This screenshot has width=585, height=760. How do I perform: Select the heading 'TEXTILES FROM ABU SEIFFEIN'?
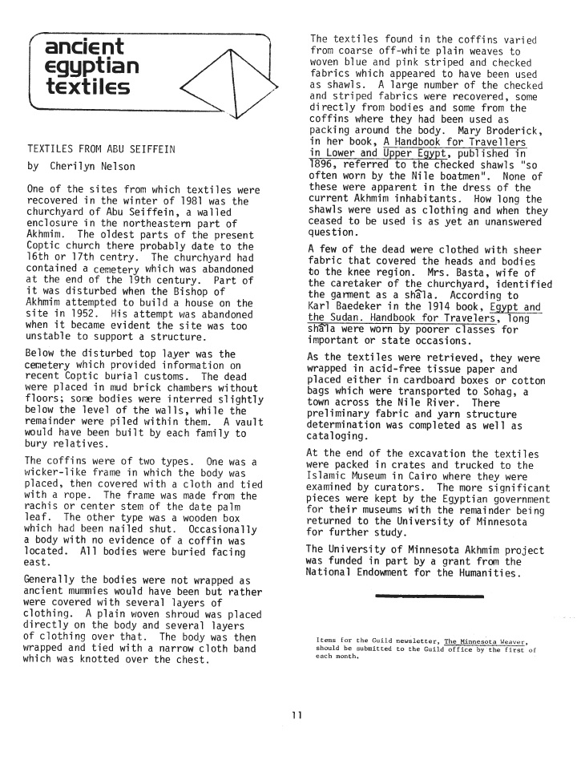[x=102, y=150]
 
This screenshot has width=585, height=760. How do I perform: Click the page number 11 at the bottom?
[x=296, y=717]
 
